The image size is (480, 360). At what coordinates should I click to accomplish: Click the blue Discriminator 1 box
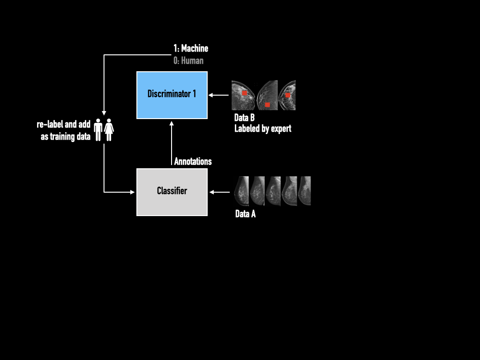[172, 95]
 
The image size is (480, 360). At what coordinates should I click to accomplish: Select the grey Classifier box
[172, 192]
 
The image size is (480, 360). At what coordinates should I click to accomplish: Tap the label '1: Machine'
[191, 48]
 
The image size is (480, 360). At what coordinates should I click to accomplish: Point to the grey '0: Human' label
[188, 60]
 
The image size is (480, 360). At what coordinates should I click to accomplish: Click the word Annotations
[193, 161]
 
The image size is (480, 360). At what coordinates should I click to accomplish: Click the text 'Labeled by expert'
[262, 128]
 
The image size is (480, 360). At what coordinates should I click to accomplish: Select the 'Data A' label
[245, 214]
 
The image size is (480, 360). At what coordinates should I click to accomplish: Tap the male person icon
[98, 129]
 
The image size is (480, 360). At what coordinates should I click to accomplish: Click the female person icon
[109, 129]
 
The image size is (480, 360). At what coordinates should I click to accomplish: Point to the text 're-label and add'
[64, 125]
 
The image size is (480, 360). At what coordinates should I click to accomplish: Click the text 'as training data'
[66, 137]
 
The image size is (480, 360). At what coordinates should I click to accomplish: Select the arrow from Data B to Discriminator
[218, 95]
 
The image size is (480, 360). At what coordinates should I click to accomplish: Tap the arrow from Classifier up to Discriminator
[172, 143]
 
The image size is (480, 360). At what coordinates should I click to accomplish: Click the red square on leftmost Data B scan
[244, 93]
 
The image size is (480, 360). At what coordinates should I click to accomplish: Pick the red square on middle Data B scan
[267, 105]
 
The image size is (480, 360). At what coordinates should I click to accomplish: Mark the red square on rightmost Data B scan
[288, 95]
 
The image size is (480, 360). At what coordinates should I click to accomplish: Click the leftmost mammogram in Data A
[241, 191]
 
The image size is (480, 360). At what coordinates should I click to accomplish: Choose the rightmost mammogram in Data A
[305, 191]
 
